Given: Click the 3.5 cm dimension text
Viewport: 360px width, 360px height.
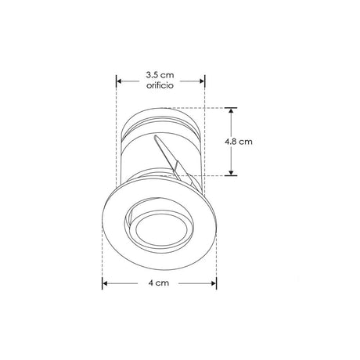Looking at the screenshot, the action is point(160,75).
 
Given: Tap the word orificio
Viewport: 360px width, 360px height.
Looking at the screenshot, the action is point(160,85).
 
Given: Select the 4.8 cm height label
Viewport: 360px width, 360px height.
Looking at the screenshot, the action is point(239,142).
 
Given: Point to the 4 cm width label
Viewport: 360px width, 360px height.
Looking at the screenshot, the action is point(159,283).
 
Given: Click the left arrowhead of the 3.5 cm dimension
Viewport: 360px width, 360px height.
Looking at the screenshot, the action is point(119,81).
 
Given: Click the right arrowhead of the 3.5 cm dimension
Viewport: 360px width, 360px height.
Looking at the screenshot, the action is point(202,81).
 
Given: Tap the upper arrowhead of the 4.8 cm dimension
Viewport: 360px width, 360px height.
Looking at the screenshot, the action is point(231,110).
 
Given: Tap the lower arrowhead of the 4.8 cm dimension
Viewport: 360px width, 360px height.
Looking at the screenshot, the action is point(231,172).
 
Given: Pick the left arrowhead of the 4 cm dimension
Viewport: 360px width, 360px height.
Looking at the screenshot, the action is point(105,283).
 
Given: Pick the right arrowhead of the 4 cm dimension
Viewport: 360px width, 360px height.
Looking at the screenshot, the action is point(213,283).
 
